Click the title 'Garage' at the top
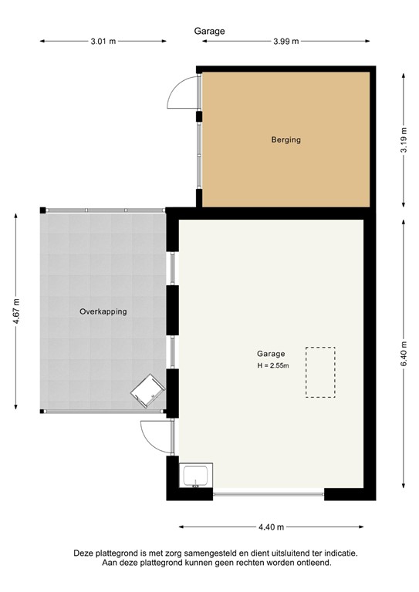[209, 31]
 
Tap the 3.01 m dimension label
[103, 42]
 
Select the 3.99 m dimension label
[286, 42]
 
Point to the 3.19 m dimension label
[404, 140]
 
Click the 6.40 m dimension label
[404, 352]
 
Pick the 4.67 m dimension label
[16, 311]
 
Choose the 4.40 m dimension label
[271, 527]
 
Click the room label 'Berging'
[286, 140]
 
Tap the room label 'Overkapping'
[103, 312]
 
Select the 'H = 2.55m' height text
[272, 365]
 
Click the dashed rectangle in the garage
[321, 372]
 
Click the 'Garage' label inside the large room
[272, 354]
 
